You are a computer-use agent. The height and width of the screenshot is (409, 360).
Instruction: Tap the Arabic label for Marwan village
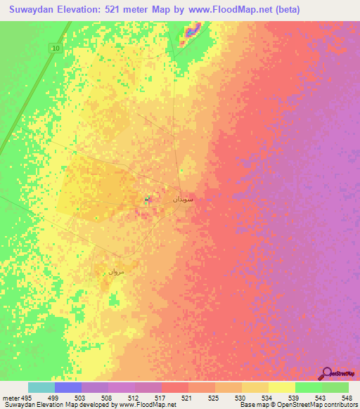click(x=115, y=271)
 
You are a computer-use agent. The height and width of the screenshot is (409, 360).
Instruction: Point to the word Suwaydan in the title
click(x=35, y=10)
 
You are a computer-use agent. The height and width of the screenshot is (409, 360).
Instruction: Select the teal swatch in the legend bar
click(x=41, y=387)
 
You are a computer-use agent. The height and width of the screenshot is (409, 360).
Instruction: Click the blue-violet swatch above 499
click(x=67, y=387)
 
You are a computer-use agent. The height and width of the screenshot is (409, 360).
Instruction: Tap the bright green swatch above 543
click(x=308, y=387)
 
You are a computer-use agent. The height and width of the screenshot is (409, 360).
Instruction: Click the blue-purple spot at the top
click(x=193, y=31)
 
